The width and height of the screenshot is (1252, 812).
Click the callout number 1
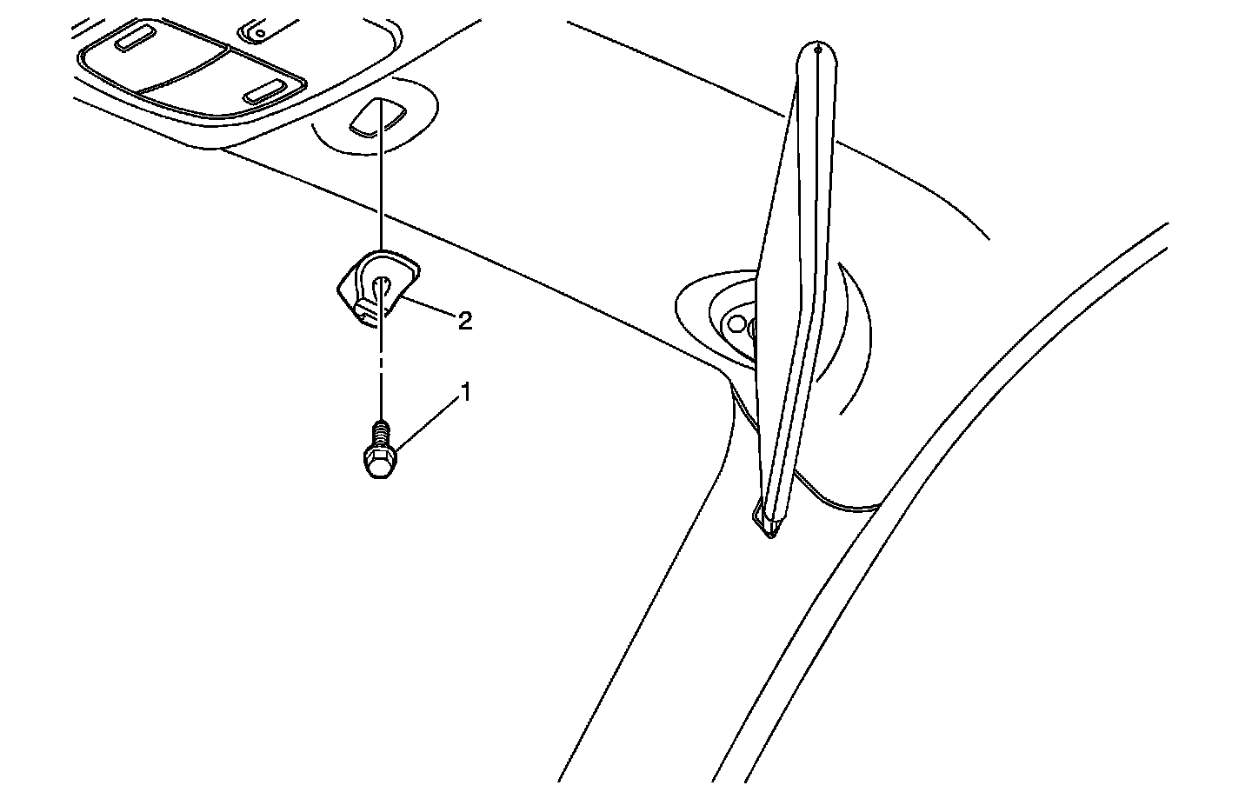point(465,393)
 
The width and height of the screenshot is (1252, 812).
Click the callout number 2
point(465,321)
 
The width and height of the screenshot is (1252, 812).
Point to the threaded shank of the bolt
point(379,432)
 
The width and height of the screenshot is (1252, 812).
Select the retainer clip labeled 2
point(376,287)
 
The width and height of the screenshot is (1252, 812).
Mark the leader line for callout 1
point(426,423)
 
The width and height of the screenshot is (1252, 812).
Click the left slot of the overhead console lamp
point(135,40)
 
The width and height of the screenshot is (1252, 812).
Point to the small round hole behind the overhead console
point(258,34)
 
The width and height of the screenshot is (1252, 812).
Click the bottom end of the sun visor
point(765,522)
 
